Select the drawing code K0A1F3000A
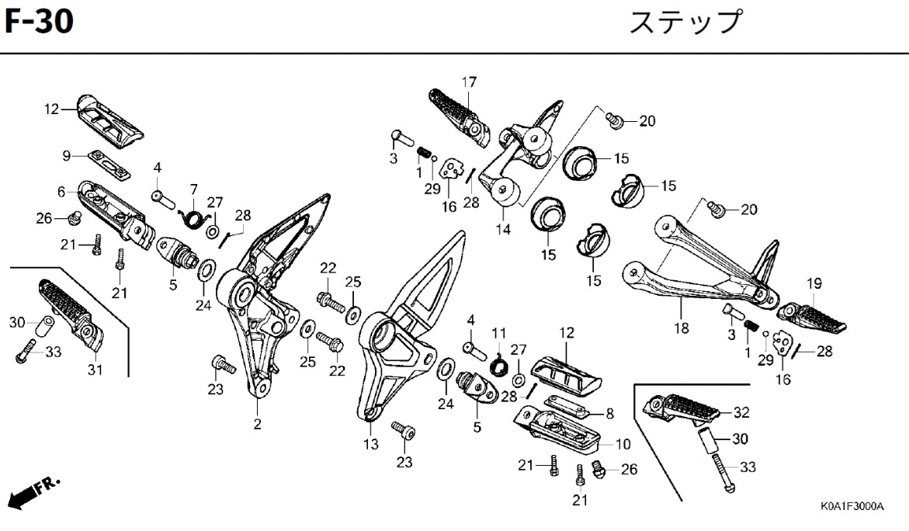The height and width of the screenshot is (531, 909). coord(852,506)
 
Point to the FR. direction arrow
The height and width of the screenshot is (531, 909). coord(34,491)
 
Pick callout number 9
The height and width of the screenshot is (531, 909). coord(67,156)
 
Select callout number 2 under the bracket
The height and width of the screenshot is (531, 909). coord(257,424)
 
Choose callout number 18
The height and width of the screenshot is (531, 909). coord(681,328)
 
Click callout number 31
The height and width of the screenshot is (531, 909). coord(95,370)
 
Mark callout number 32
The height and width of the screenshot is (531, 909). coord(741,412)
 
